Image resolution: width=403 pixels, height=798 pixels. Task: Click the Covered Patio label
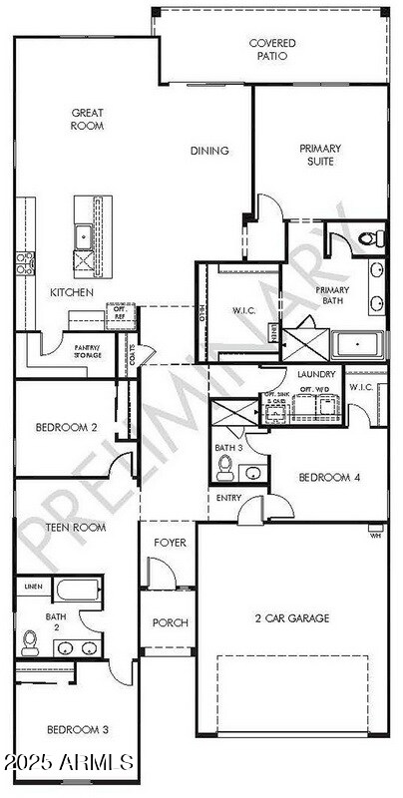click(268, 50)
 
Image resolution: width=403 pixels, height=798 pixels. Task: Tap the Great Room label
click(88, 120)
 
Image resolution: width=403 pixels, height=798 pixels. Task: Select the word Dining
click(209, 152)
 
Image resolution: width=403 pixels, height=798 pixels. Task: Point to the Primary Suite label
click(320, 155)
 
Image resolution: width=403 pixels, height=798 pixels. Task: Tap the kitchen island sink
click(83, 236)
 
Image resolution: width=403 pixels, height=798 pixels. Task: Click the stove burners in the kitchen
click(23, 264)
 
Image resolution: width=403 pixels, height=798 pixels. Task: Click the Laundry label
click(315, 374)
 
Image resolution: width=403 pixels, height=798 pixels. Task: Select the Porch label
click(170, 622)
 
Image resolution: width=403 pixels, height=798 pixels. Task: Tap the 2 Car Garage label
click(292, 618)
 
